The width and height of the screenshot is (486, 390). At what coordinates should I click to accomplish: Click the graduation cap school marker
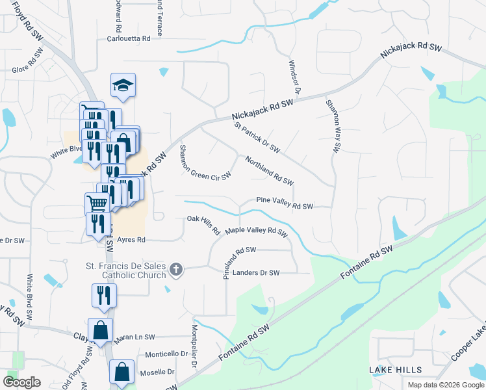pos(122,85)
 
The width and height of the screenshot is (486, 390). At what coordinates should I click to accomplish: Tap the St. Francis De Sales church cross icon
pos(175,269)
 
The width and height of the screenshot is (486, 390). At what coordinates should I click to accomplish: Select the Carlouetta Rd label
pos(129,39)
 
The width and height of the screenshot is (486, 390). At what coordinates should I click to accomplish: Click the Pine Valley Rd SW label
pos(285,203)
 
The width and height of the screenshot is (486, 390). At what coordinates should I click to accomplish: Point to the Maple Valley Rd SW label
pos(256,231)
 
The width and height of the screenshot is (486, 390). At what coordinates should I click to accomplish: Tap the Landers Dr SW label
pos(255,273)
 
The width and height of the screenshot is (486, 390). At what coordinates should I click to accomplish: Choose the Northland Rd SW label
pos(270,170)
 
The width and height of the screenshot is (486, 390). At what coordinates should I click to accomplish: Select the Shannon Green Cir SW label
pos(205,162)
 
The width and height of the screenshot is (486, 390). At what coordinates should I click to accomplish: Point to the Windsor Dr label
pos(292,77)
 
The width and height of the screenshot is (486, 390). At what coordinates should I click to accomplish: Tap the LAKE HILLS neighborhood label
pos(396,370)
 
